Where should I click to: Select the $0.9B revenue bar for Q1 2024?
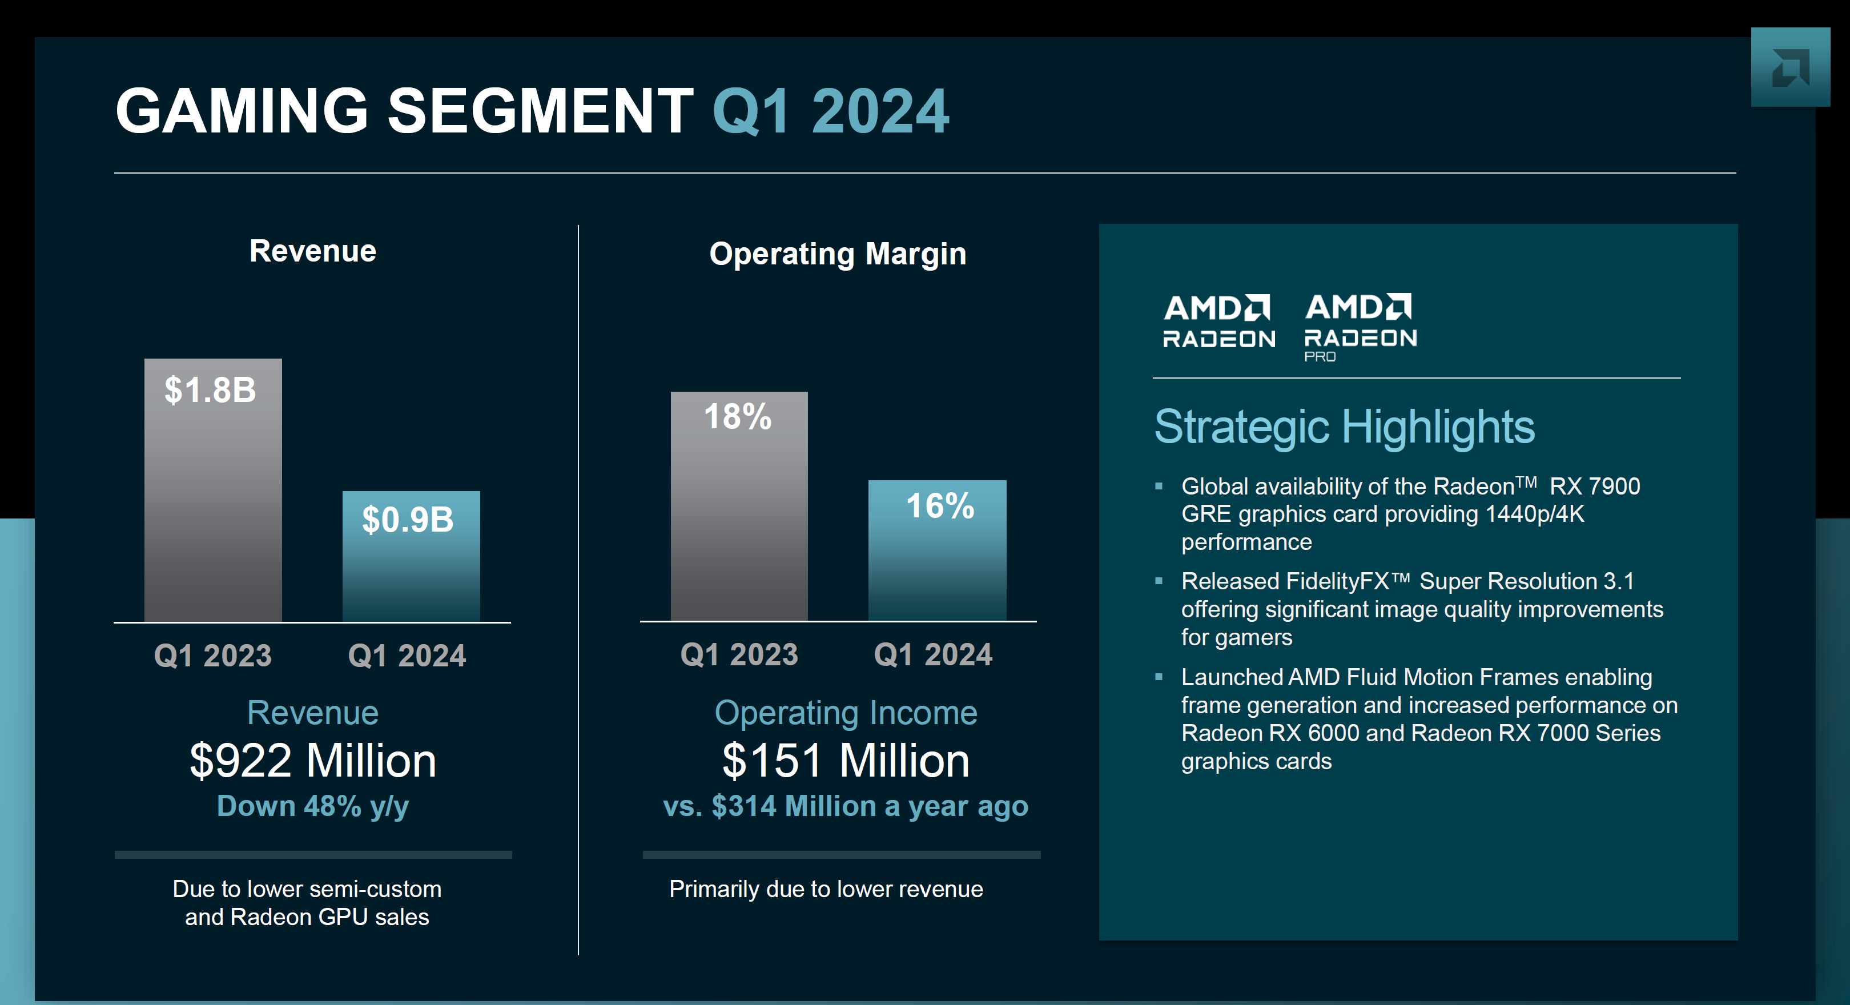(x=411, y=556)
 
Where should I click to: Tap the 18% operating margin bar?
(x=739, y=506)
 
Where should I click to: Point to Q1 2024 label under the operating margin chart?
(x=933, y=654)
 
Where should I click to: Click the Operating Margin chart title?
(x=838, y=254)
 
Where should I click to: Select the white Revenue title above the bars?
(x=312, y=251)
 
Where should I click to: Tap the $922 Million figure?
(x=312, y=760)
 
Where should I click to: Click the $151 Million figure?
(x=845, y=760)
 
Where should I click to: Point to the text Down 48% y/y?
(x=312, y=806)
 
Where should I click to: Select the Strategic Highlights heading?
(x=1344, y=427)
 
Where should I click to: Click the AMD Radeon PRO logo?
(x=1360, y=327)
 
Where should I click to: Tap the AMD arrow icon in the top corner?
(x=1789, y=67)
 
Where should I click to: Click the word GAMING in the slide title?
(x=242, y=111)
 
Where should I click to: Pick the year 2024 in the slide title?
(x=880, y=111)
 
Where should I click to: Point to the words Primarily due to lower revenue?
(x=826, y=889)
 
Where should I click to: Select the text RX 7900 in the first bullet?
(x=1594, y=487)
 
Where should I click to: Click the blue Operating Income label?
(x=845, y=713)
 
